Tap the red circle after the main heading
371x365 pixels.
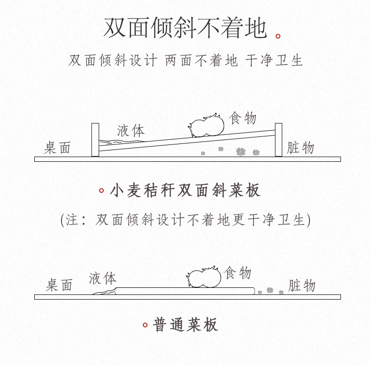point(278,36)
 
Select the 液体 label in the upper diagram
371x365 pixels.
point(131,130)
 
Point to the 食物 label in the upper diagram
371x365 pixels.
point(243,118)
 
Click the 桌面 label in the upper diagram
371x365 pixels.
point(57,148)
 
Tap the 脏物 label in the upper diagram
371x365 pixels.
point(301,148)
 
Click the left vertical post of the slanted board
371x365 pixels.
point(95,140)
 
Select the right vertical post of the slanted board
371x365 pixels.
point(278,139)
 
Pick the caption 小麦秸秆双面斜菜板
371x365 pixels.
point(185,190)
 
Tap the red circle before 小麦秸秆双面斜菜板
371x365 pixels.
point(101,190)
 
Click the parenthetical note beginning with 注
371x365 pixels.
point(185,220)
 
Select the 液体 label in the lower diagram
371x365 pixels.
point(103,278)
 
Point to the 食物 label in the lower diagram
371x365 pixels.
point(238,273)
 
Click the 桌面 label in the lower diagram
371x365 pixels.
point(59,285)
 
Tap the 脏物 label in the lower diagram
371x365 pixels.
point(301,286)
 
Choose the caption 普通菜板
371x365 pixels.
point(185,325)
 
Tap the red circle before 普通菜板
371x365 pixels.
point(145,325)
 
